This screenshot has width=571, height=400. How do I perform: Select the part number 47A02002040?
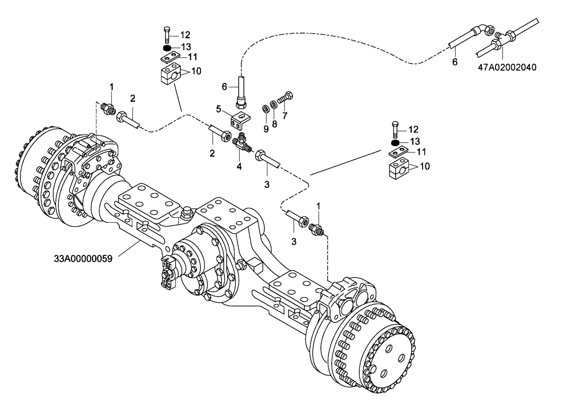point(507,67)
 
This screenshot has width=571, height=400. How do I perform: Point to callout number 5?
point(218,109)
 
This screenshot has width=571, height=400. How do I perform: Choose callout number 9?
point(266,129)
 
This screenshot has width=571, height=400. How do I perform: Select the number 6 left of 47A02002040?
point(455,62)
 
